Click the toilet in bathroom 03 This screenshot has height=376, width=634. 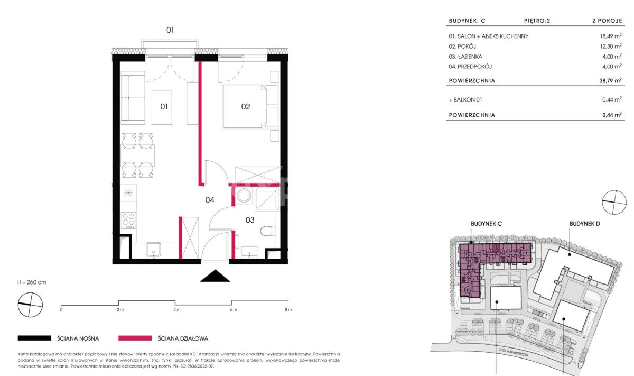pyautogui.click(x=268, y=231)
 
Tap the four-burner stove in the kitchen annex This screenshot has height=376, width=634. pyautogui.click(x=128, y=221)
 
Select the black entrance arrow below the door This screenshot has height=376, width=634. pyautogui.click(x=215, y=276)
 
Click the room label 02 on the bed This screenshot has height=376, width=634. pyautogui.click(x=245, y=106)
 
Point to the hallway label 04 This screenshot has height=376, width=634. pyautogui.click(x=209, y=200)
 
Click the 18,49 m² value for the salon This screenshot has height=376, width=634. pyautogui.click(x=611, y=36)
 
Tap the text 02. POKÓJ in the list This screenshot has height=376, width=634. pyautogui.click(x=462, y=47)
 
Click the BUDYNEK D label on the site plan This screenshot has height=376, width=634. pyautogui.click(x=584, y=224)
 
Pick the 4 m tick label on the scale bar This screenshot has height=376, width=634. pyautogui.click(x=176, y=310)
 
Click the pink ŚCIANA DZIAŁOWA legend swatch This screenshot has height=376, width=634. pyautogui.click(x=135, y=338)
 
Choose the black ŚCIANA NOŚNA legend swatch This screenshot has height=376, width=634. pyautogui.click(x=34, y=338)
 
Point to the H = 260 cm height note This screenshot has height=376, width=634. pyautogui.click(x=32, y=282)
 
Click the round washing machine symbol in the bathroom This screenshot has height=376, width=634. pyautogui.click(x=244, y=196)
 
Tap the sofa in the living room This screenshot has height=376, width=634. pyautogui.click(x=133, y=98)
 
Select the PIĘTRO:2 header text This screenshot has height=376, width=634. pyautogui.click(x=537, y=21)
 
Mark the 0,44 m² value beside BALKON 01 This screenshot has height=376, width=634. pyautogui.click(x=612, y=99)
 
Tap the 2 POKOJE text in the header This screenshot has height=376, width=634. pyautogui.click(x=607, y=21)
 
